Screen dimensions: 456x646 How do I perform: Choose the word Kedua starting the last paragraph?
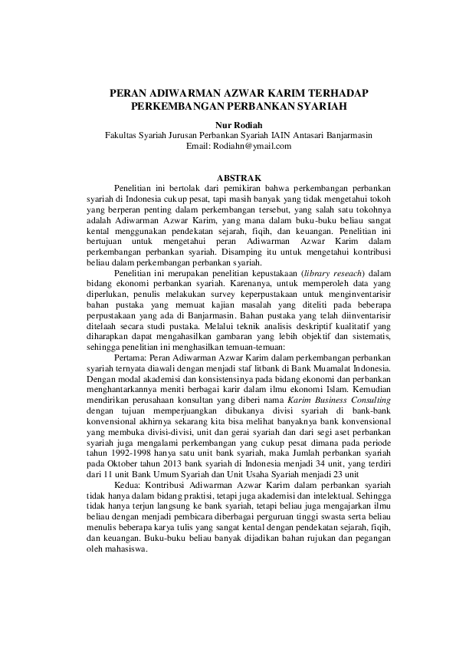tap(128, 486)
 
